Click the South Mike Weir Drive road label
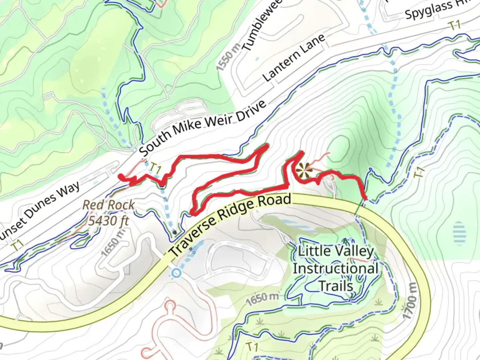click(x=203, y=128)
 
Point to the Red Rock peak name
click(x=109, y=205)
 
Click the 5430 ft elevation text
click(x=108, y=220)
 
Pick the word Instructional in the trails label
click(x=335, y=269)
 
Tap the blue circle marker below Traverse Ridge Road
click(x=176, y=273)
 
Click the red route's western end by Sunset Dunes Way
click(x=120, y=176)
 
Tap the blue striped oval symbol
click(x=459, y=233)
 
